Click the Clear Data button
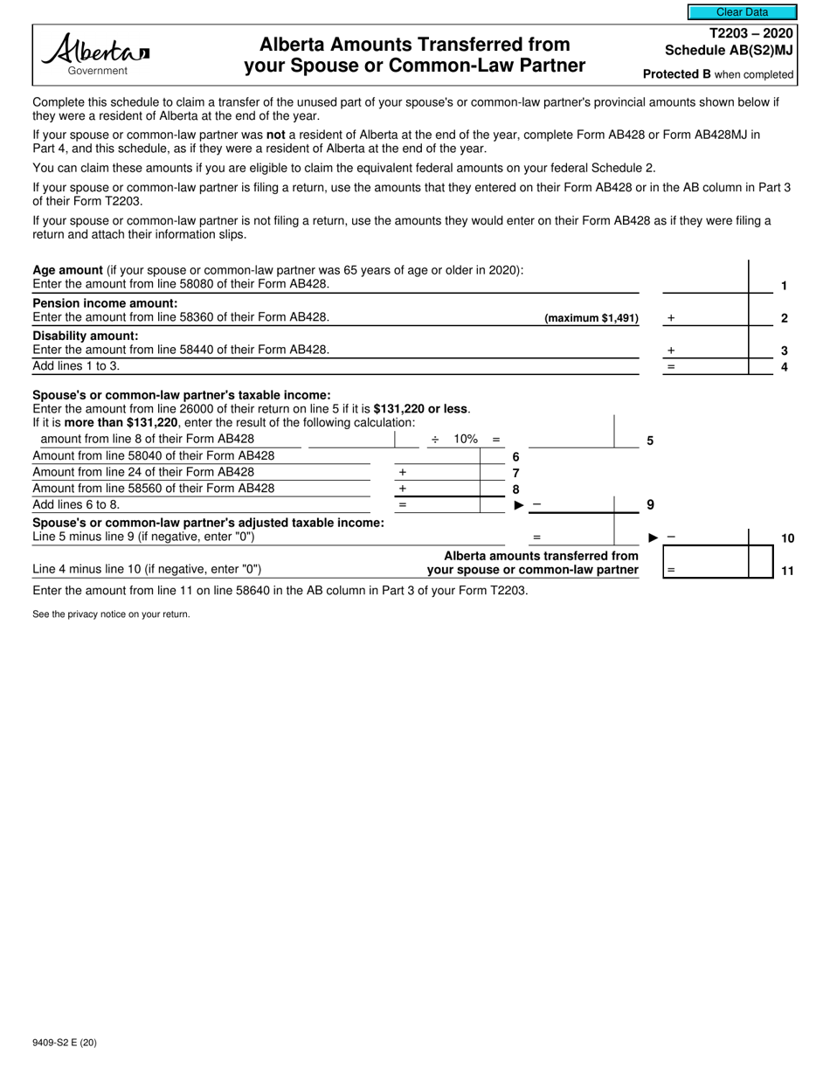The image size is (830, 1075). click(742, 12)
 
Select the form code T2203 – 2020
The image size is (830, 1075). click(751, 33)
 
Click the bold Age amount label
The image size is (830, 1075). click(67, 270)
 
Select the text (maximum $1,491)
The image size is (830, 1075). click(591, 318)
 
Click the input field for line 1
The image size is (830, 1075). click(705, 284)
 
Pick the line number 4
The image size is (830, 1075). click(784, 367)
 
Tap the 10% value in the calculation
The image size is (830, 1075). click(466, 439)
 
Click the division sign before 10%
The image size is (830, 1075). click(434, 439)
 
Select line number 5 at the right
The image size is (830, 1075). click(650, 441)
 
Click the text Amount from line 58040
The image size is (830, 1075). click(153, 455)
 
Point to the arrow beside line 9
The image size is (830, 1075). click(519, 505)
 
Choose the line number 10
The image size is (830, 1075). click(787, 538)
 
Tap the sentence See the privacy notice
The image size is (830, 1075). click(111, 614)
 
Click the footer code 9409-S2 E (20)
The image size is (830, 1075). click(69, 1044)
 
